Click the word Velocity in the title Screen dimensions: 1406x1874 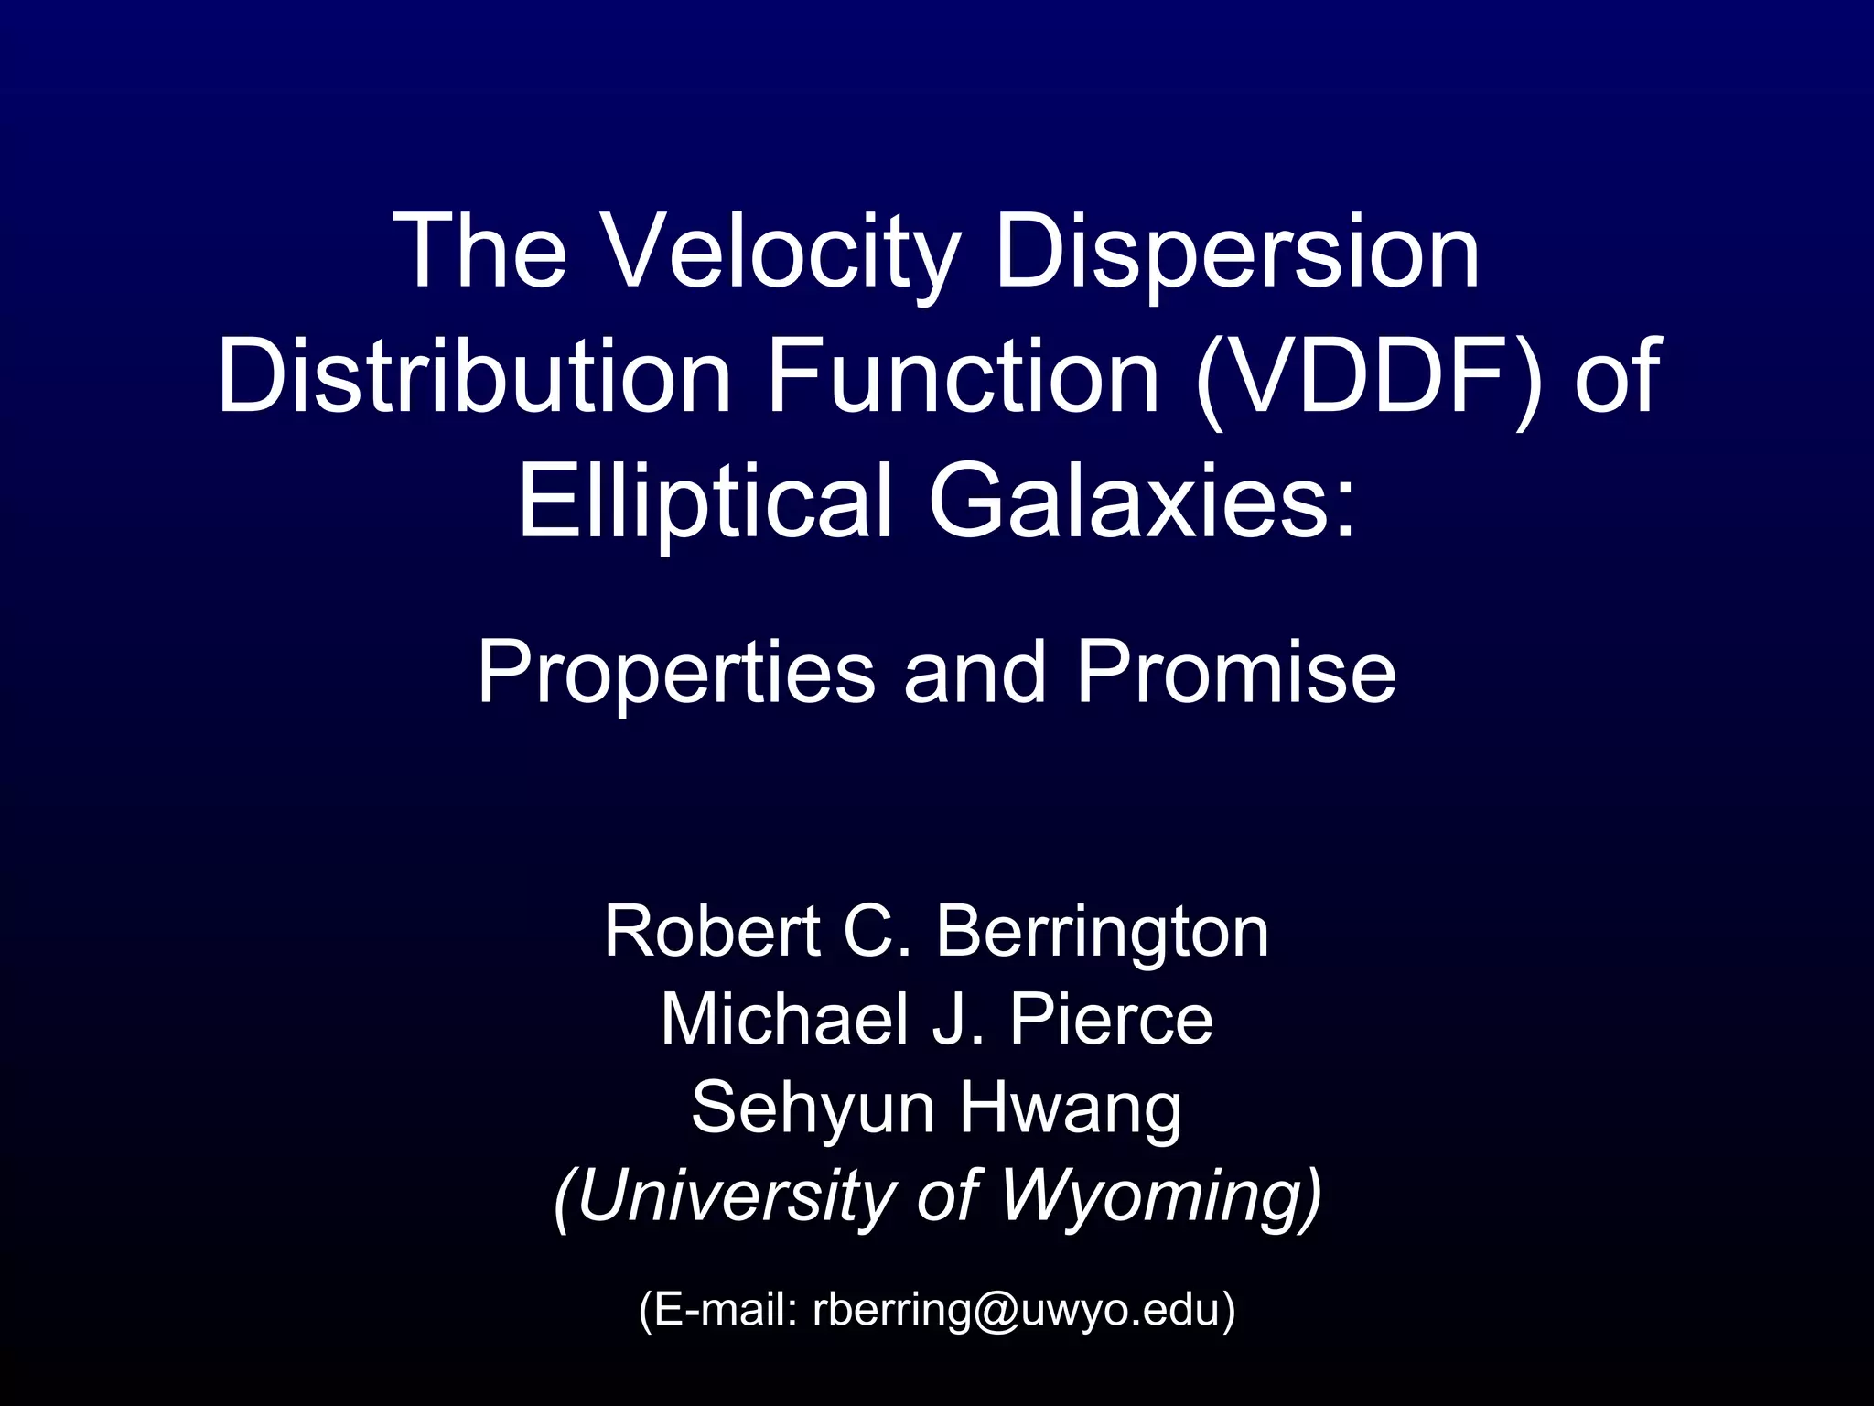[782, 251]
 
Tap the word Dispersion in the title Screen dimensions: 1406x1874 [1236, 251]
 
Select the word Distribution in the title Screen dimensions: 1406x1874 [474, 376]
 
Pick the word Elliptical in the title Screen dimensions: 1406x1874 [705, 502]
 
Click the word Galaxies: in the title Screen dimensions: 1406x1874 [1141, 502]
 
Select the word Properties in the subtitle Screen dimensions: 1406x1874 [675, 673]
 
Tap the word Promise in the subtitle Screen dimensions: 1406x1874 [1235, 673]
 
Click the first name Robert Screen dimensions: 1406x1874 [712, 932]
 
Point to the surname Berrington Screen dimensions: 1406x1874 [1102, 932]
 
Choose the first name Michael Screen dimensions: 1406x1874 [784, 1020]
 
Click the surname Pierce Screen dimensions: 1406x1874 [1111, 1020]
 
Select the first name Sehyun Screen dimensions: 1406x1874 [811, 1108]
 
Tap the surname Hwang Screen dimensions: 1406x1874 [1071, 1108]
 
